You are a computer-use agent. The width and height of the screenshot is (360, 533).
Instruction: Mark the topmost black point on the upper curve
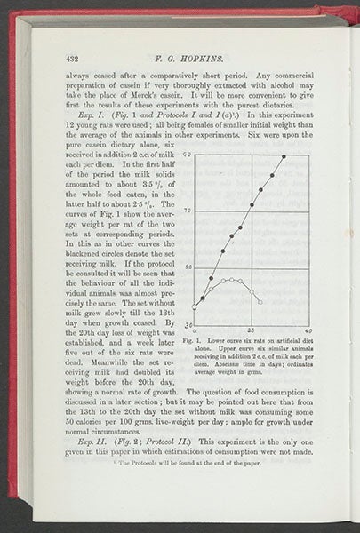point(284,157)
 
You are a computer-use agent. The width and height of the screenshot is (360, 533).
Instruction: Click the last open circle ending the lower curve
point(260,303)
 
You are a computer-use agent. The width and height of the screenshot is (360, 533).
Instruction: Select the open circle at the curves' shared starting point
point(195,307)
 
